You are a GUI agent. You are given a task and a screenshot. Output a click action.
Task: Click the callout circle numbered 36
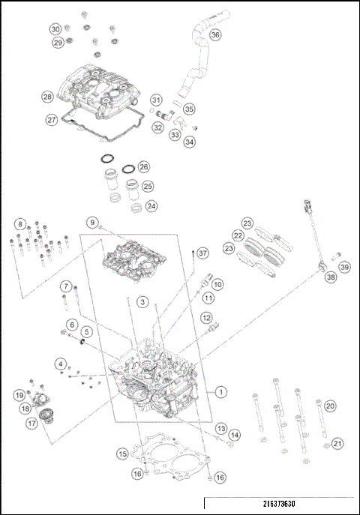tap(215, 34)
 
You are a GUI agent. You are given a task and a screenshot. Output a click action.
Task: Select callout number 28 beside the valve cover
tap(47, 97)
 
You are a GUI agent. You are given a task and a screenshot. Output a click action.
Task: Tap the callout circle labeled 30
tap(55, 28)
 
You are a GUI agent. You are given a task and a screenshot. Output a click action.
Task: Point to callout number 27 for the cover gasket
tap(52, 119)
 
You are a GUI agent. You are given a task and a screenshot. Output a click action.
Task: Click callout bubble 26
tap(144, 166)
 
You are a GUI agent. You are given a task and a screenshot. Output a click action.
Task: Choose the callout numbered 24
tap(151, 205)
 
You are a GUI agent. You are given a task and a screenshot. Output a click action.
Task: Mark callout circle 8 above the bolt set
tap(20, 223)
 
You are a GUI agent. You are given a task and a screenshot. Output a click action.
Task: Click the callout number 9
tap(92, 223)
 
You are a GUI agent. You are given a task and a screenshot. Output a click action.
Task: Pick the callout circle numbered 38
tap(329, 277)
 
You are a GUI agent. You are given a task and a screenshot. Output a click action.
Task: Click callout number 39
tap(344, 267)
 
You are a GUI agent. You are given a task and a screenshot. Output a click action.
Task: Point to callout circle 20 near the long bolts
tap(329, 406)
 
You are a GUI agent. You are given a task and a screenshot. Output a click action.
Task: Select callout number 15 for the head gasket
tap(121, 454)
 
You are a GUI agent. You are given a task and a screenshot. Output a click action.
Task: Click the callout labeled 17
tap(32, 423)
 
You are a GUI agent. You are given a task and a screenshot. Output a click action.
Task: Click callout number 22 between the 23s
tap(238, 235)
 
